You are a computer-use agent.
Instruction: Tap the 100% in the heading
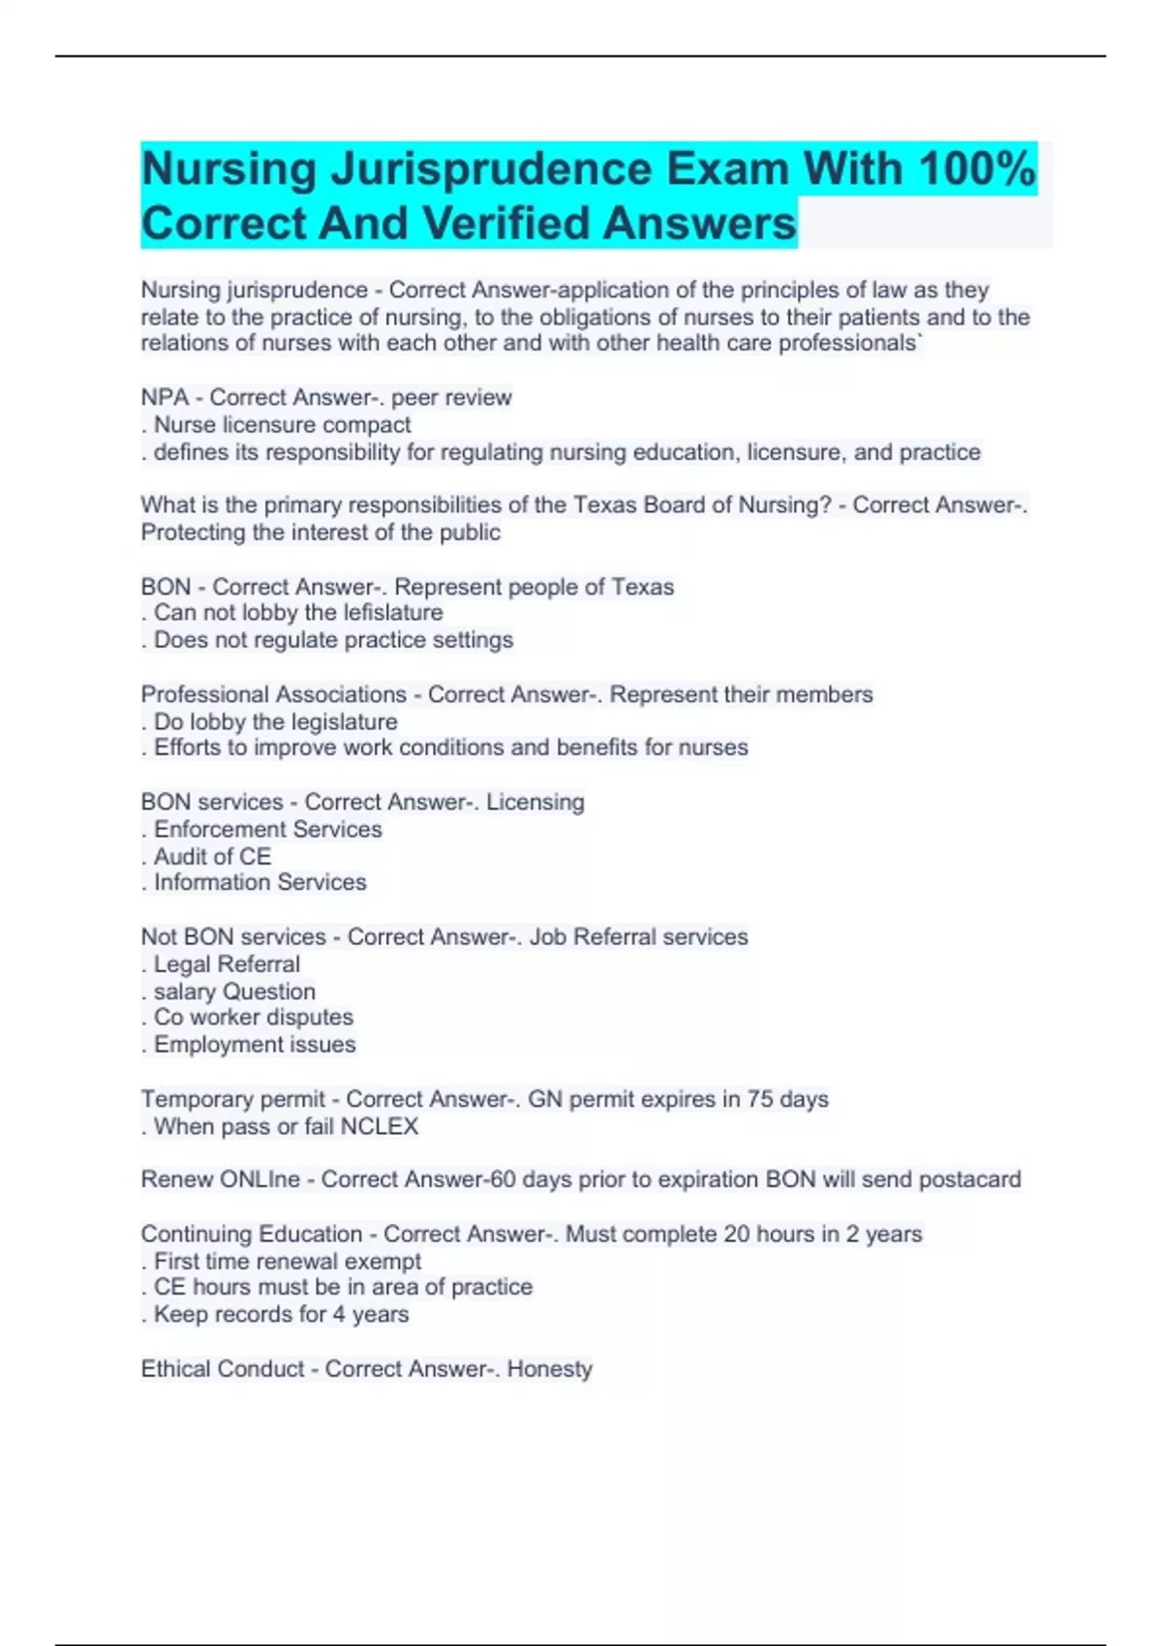coord(977,169)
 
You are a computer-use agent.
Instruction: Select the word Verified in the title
coord(507,224)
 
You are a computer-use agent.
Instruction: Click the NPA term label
coord(165,398)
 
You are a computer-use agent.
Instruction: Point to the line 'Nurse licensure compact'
coord(282,425)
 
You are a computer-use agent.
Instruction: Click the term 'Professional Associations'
coord(273,694)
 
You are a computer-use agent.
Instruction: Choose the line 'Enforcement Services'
coord(267,830)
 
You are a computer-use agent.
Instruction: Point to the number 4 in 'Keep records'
coord(339,1315)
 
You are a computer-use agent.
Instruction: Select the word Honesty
coord(549,1369)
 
